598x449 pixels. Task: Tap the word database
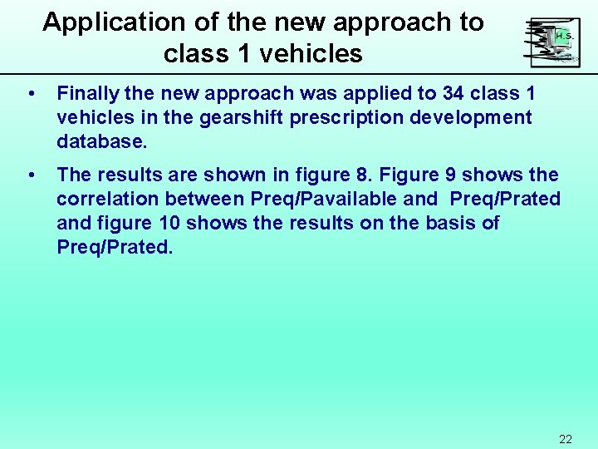point(101,141)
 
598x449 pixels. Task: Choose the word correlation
point(107,200)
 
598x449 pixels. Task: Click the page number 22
point(566,439)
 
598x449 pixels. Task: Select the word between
point(203,200)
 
